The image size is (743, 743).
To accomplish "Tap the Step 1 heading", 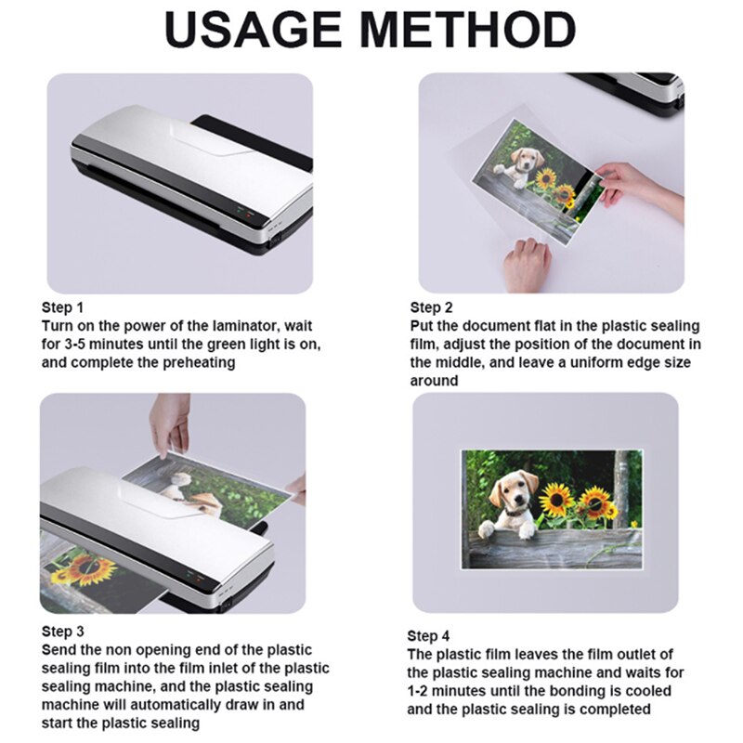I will pos(62,307).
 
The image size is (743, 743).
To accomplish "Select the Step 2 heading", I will pos(432,307).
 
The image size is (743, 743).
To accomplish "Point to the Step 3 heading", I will pos(61,632).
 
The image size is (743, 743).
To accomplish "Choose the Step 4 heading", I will pos(428,636).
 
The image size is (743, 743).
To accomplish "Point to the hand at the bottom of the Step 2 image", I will pos(528,264).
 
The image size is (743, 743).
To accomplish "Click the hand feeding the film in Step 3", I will pos(170,423).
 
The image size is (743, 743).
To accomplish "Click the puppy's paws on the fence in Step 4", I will pos(502,529).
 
